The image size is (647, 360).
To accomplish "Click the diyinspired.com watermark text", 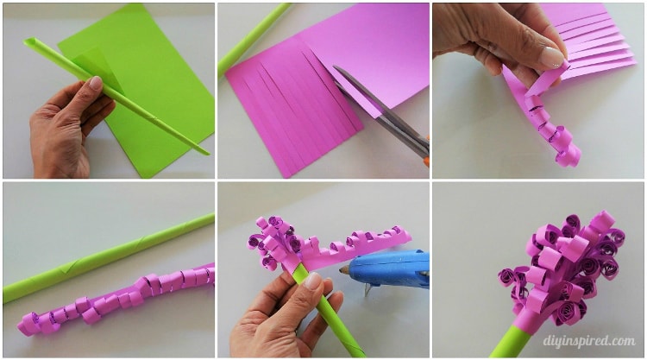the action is (589, 341).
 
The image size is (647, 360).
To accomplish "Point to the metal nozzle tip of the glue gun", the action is (343, 270).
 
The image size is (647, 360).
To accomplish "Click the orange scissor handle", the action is (427, 152).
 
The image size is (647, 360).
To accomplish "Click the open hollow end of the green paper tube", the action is (29, 42).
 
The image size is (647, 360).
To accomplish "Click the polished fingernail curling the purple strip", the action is (551, 57).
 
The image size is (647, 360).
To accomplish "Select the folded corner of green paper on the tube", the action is (96, 66).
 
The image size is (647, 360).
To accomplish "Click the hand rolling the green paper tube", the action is (68, 123).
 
